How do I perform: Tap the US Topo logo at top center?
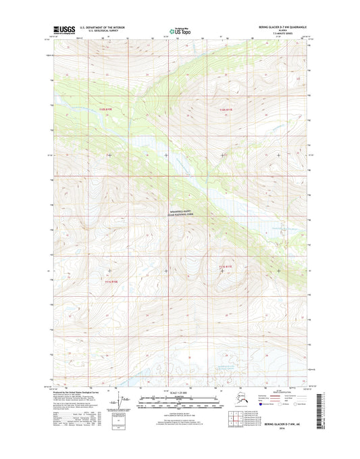pyautogui.click(x=180, y=30)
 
